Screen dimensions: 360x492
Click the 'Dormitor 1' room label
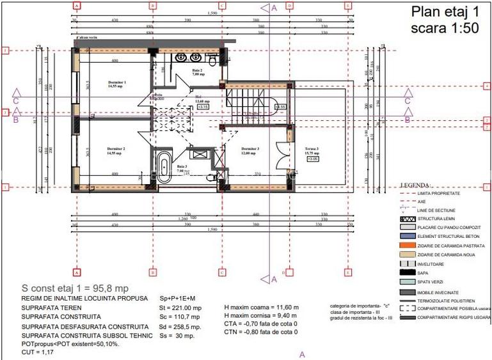pos(116,83)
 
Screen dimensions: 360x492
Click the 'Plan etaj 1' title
pos(444,12)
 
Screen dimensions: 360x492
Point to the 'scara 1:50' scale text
pos(444,29)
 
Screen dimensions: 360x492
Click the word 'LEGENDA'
pos(416,185)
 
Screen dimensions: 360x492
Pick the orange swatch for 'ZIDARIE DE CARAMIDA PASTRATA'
pos(408,246)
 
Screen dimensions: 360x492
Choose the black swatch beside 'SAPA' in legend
pos(408,272)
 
